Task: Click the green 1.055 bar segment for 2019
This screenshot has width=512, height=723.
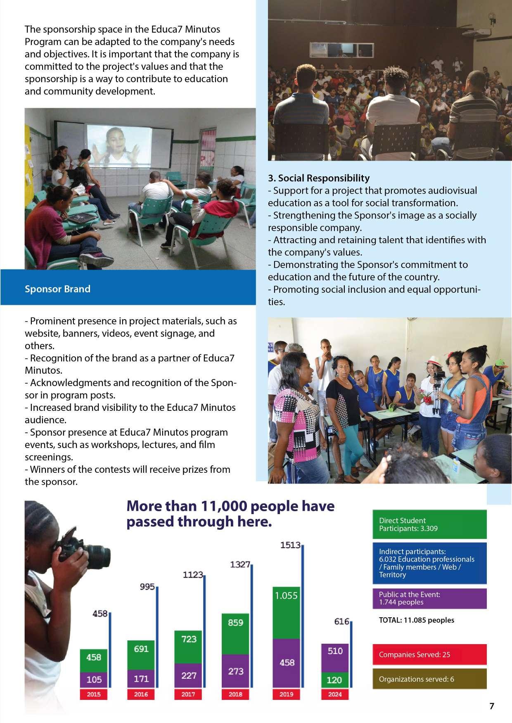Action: coord(286,613)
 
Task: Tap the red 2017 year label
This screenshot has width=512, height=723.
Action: coord(188,695)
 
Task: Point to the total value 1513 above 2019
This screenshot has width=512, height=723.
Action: coord(290,545)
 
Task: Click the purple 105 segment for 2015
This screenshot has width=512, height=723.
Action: coord(94,679)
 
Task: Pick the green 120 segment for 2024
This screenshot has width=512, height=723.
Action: coord(334,680)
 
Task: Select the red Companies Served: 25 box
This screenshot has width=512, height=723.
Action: coord(429,654)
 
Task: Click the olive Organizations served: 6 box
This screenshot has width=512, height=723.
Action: coord(429,679)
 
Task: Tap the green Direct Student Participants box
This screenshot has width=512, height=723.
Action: coord(429,524)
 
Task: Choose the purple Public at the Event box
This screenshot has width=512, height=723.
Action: coord(429,598)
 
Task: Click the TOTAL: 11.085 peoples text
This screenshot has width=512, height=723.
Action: coord(416,620)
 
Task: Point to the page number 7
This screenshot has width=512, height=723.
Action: coord(491,706)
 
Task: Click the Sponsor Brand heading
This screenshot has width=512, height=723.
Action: coord(57,289)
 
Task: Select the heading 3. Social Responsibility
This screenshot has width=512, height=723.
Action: coord(318,178)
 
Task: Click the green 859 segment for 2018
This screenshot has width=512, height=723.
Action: coord(235,634)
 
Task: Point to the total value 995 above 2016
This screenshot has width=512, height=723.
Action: coord(147,587)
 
